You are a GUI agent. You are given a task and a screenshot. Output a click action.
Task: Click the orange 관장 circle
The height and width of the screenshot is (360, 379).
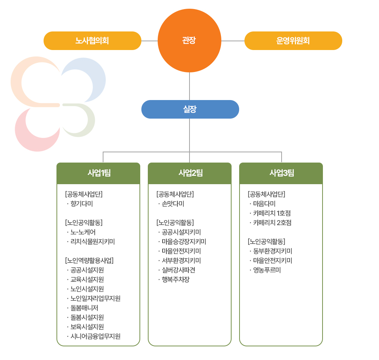point(189,41)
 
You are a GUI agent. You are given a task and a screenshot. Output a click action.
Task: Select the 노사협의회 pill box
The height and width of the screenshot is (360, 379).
point(92,41)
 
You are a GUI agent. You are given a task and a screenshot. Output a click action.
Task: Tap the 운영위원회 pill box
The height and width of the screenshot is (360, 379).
point(293,41)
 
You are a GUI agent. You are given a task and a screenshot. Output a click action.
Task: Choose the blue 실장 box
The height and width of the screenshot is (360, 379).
point(190,109)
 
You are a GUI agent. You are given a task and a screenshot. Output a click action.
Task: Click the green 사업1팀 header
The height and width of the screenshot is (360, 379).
point(99,173)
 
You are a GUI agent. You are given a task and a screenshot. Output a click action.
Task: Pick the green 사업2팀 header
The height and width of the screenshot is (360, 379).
point(189,173)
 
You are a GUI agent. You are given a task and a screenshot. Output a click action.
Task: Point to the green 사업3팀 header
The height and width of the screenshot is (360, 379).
point(281,173)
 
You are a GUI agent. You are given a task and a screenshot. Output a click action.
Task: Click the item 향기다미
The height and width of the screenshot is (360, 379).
point(81,204)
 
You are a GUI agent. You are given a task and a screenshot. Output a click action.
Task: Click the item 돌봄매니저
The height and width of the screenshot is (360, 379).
point(84,308)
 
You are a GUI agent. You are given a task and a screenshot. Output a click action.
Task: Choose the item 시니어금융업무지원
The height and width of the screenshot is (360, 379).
point(95,336)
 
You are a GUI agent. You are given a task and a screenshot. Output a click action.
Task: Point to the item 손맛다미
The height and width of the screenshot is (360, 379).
point(173,204)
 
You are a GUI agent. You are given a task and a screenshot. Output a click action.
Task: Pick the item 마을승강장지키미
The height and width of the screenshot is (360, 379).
point(183,241)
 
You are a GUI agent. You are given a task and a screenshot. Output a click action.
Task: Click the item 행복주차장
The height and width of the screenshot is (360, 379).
point(175,280)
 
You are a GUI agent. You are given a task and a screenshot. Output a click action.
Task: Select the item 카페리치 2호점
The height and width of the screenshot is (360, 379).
point(272,223)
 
